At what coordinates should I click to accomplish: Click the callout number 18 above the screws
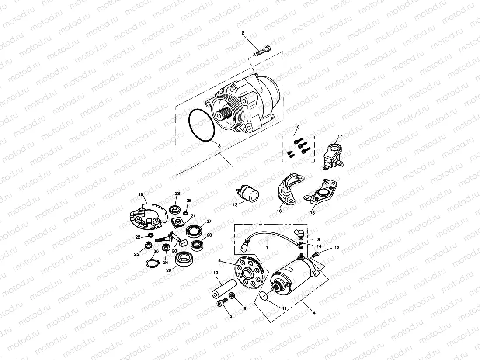click(297, 128)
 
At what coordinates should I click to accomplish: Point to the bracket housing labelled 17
click(334, 156)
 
